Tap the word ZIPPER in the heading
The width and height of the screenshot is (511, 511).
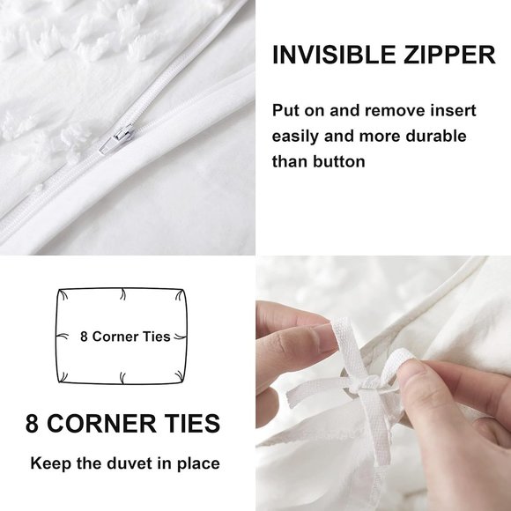tap(449, 55)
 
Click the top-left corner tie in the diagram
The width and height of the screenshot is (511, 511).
tap(63, 295)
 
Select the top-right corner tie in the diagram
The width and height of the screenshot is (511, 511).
tap(180, 295)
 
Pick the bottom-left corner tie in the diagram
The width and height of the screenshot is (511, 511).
tap(63, 376)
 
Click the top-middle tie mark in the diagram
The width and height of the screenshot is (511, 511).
tap(122, 294)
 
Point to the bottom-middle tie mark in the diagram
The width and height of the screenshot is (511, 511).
tap(122, 377)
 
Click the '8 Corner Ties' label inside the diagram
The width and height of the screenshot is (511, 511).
tap(125, 337)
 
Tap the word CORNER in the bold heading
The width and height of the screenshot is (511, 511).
tap(101, 424)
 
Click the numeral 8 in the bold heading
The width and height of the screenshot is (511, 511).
tap(32, 424)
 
